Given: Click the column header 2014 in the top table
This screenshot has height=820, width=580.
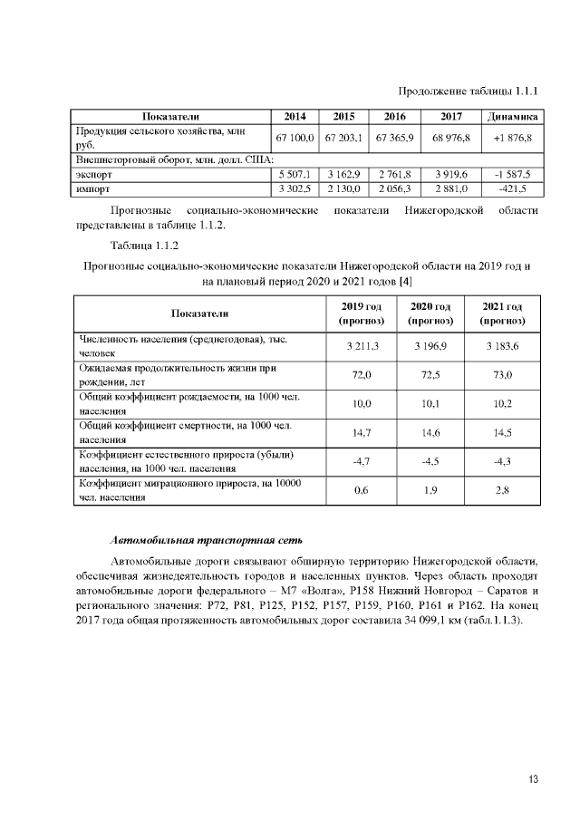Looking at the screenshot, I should [295, 117].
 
